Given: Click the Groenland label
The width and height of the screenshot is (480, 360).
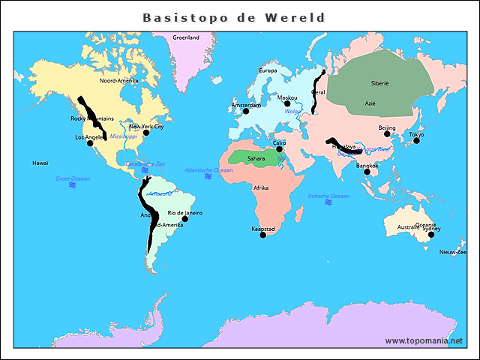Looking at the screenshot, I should click(186, 37).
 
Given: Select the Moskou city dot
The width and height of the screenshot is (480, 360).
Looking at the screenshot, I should click(286, 103).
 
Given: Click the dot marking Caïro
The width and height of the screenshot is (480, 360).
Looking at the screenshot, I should click(280, 148).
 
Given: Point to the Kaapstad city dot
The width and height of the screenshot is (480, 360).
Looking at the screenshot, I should click(262, 235).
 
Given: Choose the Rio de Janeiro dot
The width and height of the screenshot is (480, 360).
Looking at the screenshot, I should click(185, 219).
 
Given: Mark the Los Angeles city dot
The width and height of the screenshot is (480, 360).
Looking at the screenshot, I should click(91, 143).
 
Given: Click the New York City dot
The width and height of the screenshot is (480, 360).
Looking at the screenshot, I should click(146, 133).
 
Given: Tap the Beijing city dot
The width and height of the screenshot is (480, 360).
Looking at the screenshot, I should click(387, 134).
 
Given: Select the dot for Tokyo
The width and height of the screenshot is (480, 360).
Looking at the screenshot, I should click(416, 140).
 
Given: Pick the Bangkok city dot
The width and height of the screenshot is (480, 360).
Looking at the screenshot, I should click(367, 172).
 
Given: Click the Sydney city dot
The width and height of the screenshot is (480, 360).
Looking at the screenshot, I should click(431, 235).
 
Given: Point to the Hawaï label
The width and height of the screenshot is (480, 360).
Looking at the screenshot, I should click(40, 163).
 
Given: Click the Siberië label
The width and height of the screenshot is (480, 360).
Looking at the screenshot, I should click(380, 83).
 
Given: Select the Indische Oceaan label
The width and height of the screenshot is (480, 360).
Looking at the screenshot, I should click(328, 196).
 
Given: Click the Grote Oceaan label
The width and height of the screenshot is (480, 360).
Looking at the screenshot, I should click(73, 178).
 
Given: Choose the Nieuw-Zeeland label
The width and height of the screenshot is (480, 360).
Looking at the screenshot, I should click(453, 252).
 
